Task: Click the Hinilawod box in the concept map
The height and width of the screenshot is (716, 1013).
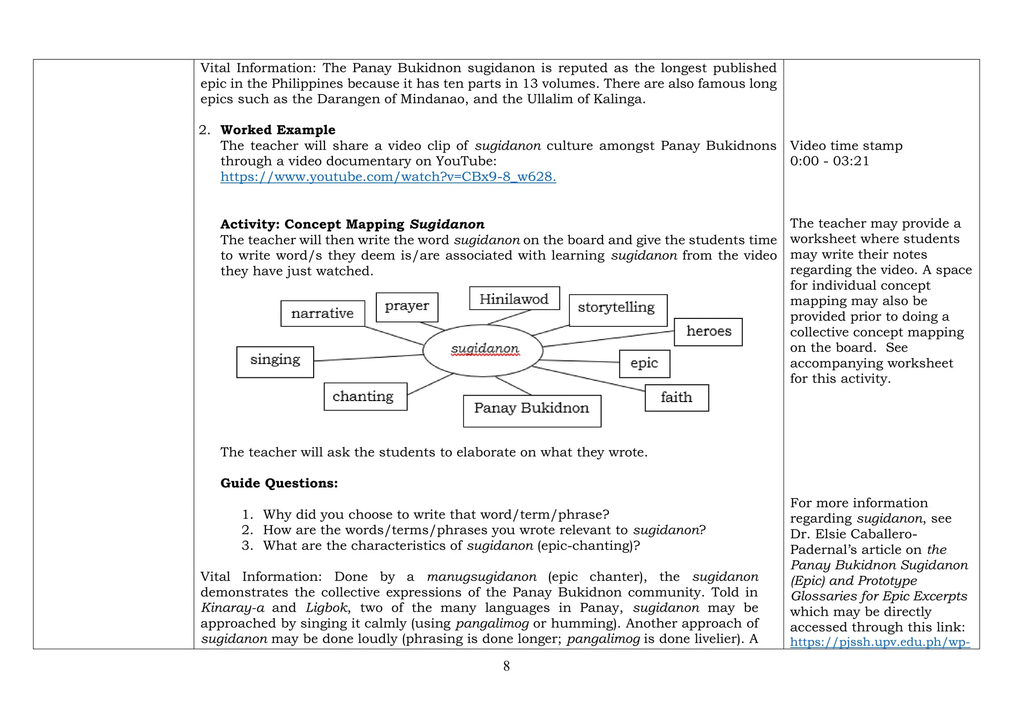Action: point(514,298)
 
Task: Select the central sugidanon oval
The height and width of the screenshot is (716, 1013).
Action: point(483,350)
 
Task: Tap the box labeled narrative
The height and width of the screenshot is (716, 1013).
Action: point(322,313)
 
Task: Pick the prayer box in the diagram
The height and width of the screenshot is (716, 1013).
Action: point(407,307)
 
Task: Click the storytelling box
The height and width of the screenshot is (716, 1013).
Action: point(617,310)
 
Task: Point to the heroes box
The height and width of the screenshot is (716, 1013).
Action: point(708,331)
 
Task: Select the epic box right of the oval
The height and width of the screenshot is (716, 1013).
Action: point(644,363)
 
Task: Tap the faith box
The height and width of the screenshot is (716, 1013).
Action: point(676,398)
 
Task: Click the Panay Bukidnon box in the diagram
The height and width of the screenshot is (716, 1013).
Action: point(532,410)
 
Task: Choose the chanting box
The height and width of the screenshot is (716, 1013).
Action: point(365,396)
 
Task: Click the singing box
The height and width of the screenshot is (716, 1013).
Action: point(275,361)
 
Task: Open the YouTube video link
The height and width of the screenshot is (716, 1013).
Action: point(388,177)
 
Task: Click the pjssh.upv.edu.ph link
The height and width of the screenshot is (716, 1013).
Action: point(879,642)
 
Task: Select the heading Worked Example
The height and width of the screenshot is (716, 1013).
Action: point(277,130)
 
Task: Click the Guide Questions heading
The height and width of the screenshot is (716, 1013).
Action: point(278,483)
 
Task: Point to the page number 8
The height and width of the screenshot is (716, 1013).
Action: point(506,666)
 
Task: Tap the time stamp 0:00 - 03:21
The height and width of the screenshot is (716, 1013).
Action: point(829,161)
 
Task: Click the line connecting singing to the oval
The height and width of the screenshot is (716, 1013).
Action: point(368,358)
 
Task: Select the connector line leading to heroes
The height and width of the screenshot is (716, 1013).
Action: point(608,339)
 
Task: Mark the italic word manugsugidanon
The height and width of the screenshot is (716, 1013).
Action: point(481,577)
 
